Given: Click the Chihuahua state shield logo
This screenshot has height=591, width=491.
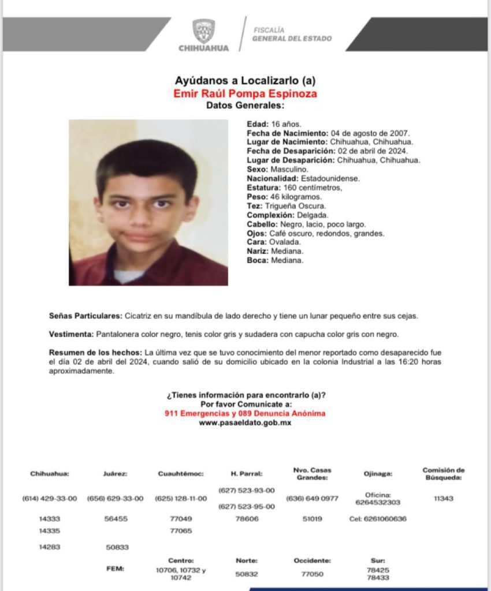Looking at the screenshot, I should click(x=203, y=31).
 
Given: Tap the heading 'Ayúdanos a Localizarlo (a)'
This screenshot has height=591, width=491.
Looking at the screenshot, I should click(x=245, y=81).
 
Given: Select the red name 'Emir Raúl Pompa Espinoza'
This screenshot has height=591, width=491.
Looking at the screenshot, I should click(x=245, y=93).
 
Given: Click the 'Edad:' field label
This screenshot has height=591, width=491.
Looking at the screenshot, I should click(x=258, y=124).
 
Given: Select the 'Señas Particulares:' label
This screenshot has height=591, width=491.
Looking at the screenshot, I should click(x=85, y=316).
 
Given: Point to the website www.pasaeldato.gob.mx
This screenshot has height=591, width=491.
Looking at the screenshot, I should click(x=245, y=422).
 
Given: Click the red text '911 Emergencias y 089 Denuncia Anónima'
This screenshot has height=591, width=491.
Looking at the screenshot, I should click(x=245, y=413).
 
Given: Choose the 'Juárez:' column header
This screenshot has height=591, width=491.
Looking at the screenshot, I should click(x=115, y=474).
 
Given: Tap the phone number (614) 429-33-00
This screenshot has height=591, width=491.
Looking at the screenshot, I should click(x=50, y=499).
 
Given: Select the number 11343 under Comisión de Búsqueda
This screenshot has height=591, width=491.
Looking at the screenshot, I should click(x=443, y=499).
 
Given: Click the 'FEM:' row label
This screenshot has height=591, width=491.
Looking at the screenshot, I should click(x=115, y=568).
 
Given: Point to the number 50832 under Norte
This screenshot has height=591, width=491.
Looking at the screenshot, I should click(x=247, y=574).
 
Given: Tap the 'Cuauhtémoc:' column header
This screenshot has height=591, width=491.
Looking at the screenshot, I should click(x=181, y=474).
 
